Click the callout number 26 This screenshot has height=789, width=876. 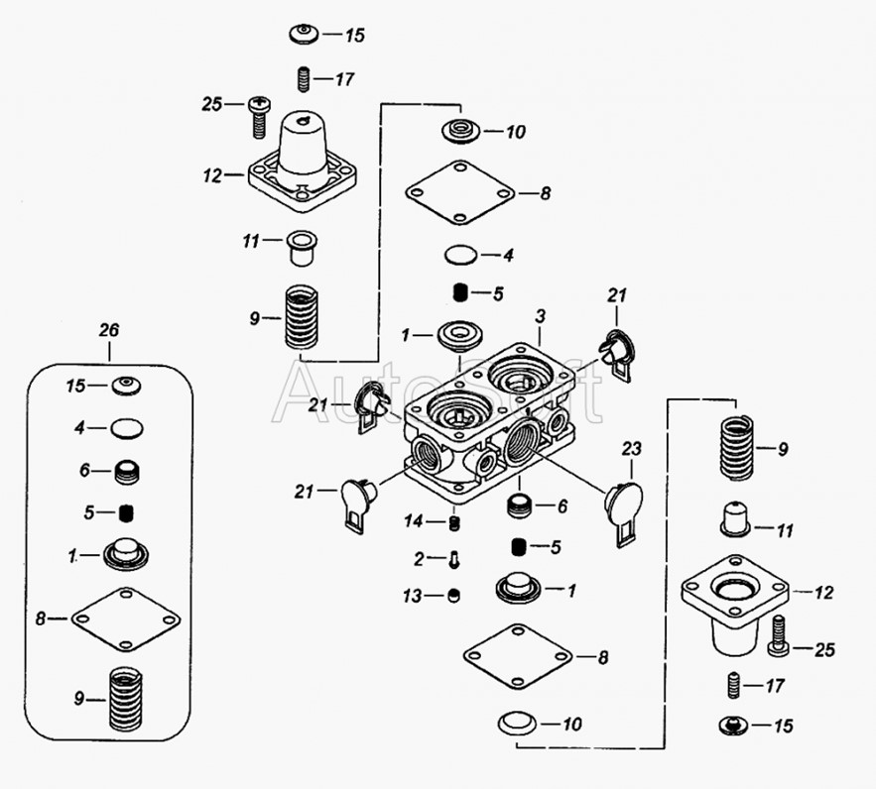pyautogui.click(x=109, y=330)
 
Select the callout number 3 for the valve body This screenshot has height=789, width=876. pyautogui.click(x=540, y=317)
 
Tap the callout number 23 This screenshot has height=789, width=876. pyautogui.click(x=631, y=449)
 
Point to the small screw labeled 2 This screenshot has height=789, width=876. pyautogui.click(x=454, y=560)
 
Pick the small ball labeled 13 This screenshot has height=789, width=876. pyautogui.click(x=454, y=596)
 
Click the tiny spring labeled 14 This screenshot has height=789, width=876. pyautogui.click(x=455, y=522)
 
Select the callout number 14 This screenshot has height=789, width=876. pyautogui.click(x=414, y=521)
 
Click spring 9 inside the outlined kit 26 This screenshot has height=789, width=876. pyautogui.click(x=125, y=698)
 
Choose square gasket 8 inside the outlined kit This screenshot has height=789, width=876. pyautogui.click(x=126, y=619)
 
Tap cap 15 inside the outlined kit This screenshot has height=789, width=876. pyautogui.click(x=126, y=386)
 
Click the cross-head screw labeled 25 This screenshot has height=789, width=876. pyautogui.click(x=258, y=117)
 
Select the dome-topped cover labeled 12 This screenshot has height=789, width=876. pyautogui.click(x=303, y=161)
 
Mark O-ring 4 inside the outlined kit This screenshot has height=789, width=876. pyautogui.click(x=127, y=428)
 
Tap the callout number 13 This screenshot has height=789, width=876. pyautogui.click(x=413, y=597)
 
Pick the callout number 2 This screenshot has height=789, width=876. pyautogui.click(x=419, y=559)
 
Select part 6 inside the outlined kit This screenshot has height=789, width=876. pyautogui.click(x=127, y=472)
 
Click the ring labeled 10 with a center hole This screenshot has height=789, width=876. pyautogui.click(x=461, y=132)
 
